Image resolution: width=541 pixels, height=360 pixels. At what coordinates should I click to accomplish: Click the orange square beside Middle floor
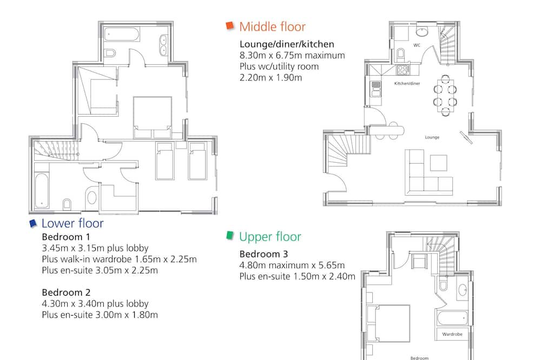pos(230,26)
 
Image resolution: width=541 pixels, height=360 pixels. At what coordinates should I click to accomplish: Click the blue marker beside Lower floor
pos(33,223)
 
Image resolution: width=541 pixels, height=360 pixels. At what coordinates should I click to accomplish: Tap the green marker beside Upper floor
pos(230,235)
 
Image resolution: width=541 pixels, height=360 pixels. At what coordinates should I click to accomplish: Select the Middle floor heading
pos(272,26)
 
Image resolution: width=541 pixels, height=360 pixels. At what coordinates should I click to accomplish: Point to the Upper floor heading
pos(270,237)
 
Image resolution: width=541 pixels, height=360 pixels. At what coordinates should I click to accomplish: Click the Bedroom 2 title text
pos(66,292)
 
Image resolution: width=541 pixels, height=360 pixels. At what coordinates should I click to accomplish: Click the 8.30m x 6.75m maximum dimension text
pos(292,55)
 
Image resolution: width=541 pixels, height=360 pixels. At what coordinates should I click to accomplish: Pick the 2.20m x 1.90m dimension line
pos(271,77)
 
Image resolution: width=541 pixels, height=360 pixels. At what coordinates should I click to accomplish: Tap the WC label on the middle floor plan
pos(417,45)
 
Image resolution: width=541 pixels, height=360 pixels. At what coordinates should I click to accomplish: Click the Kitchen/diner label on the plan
pos(407,83)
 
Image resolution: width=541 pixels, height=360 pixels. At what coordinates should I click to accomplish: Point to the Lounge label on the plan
pos(432,137)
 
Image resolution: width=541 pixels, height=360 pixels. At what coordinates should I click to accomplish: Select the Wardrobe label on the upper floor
pos(452,334)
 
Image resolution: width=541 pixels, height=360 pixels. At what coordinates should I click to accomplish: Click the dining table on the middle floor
pos(445,96)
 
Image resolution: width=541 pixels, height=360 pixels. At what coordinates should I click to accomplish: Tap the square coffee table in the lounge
pos(439,163)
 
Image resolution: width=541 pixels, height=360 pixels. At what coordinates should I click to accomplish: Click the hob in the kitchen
pos(403,70)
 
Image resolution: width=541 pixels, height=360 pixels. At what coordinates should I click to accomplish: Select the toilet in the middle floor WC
pos(400,54)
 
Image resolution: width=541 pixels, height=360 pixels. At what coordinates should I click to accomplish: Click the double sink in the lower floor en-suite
pos(163,45)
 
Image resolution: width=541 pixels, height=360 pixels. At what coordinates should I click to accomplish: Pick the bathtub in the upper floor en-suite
pos(452,318)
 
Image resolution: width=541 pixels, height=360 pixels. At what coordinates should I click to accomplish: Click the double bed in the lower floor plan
pos(152,118)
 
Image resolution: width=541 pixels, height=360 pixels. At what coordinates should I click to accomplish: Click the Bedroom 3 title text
pos(263,254)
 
